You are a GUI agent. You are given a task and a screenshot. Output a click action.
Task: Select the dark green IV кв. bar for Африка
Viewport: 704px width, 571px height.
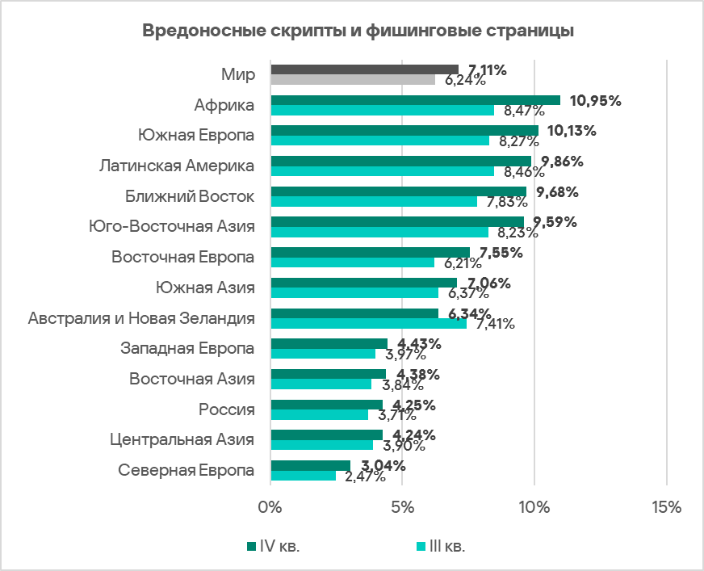tap(415, 100)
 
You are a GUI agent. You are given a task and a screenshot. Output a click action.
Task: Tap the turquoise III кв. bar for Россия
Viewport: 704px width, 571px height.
tap(319, 415)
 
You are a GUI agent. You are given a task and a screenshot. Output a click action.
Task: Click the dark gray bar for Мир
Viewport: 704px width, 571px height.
tap(364, 69)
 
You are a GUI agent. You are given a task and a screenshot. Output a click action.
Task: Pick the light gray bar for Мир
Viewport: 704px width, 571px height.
tap(353, 80)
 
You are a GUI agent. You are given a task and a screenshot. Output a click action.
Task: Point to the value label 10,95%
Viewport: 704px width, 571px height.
tap(595, 100)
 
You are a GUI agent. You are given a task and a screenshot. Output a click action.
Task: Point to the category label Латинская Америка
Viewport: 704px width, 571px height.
tap(177, 166)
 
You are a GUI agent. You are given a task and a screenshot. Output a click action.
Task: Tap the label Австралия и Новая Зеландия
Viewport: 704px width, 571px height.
tap(141, 318)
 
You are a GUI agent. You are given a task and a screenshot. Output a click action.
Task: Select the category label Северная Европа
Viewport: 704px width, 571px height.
tap(186, 470)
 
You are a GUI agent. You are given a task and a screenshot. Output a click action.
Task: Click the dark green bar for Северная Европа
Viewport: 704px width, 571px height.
tap(311, 465)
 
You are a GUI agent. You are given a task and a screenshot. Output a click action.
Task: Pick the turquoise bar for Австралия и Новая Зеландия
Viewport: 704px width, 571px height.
tap(368, 324)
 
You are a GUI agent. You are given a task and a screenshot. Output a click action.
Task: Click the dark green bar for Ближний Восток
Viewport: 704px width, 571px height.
tap(398, 191)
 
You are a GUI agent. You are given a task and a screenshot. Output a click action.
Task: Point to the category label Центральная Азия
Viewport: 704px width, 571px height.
tap(182, 439)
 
